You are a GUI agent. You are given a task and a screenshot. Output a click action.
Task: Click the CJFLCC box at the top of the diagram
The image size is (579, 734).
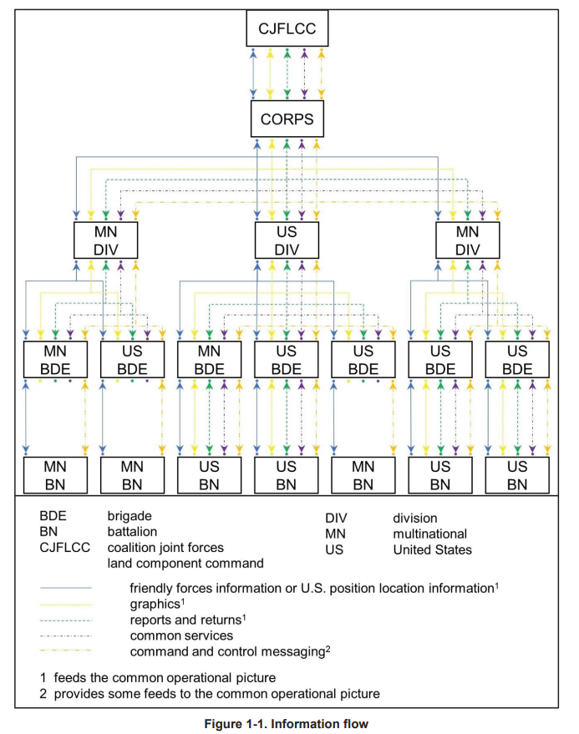(287, 28)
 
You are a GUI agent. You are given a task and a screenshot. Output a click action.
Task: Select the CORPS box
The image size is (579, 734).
(287, 119)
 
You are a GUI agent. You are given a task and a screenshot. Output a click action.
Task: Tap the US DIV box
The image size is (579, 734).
(287, 240)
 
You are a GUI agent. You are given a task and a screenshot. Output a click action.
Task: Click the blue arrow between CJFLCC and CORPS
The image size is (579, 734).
(253, 73)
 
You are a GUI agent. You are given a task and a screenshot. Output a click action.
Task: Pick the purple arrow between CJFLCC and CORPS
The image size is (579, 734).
(304, 73)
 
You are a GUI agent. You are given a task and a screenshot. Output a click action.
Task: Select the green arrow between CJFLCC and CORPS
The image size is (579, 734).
(287, 73)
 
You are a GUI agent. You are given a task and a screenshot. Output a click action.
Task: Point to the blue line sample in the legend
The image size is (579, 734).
(66, 588)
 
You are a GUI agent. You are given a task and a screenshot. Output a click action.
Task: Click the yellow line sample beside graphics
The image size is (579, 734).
(66, 605)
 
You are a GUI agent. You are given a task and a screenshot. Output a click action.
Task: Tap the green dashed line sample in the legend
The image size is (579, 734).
(66, 620)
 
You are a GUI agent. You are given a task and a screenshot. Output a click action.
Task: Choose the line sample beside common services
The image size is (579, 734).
(66, 636)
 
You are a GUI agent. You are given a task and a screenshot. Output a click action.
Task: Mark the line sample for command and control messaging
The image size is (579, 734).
(66, 650)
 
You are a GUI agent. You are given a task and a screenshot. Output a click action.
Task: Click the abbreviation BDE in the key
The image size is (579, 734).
(53, 516)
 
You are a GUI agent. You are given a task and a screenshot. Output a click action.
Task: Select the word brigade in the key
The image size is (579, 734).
(130, 516)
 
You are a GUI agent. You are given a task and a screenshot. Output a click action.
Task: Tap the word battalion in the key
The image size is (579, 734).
(132, 532)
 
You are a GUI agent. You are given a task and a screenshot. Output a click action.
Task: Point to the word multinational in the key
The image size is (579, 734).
(430, 534)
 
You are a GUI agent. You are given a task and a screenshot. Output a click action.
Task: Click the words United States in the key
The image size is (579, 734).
(433, 549)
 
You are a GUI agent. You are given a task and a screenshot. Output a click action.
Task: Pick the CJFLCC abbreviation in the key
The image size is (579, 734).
(64, 547)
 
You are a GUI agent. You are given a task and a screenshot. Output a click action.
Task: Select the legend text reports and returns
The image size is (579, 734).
(188, 620)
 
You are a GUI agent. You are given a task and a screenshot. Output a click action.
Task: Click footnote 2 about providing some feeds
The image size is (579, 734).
(210, 694)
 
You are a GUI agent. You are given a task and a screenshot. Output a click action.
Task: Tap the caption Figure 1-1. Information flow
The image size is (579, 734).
(287, 724)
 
